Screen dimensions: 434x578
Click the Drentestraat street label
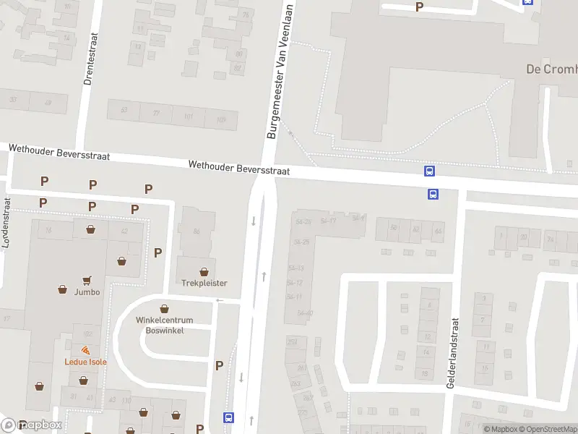[91, 60]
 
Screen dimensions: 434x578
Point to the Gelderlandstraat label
[452, 354]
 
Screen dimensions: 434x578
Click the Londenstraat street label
[7, 224]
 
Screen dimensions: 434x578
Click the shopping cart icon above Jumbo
[87, 280]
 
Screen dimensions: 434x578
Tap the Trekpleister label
[204, 284]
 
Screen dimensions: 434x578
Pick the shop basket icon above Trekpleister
[204, 272]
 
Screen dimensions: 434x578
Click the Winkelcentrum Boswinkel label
[165, 325]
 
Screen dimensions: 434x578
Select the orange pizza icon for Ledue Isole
[86, 351]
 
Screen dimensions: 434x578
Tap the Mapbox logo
[32, 425]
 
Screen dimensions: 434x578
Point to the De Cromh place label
[551, 69]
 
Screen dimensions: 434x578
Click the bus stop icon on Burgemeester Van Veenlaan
[228, 417]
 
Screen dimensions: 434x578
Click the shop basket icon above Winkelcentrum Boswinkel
[164, 308]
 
